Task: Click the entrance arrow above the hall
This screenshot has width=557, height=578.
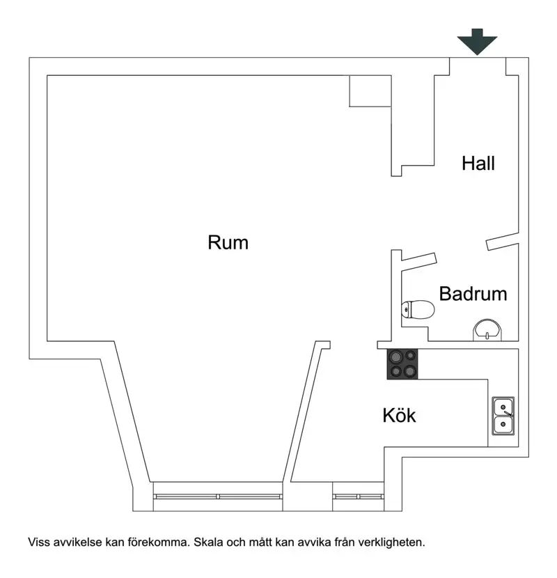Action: pyautogui.click(x=477, y=41)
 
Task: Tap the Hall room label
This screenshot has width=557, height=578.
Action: pyautogui.click(x=478, y=163)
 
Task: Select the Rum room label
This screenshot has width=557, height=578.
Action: pyautogui.click(x=228, y=242)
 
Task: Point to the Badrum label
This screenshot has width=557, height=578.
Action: pyautogui.click(x=473, y=294)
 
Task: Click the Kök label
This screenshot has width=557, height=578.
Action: pyautogui.click(x=399, y=416)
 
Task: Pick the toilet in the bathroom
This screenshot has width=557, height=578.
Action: pyautogui.click(x=418, y=310)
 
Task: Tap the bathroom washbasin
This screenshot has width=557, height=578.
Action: pyautogui.click(x=487, y=330)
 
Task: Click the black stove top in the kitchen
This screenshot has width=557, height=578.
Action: pyautogui.click(x=402, y=364)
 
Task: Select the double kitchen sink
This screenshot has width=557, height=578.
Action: pyautogui.click(x=503, y=416)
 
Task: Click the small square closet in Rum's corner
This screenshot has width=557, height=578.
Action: pyautogui.click(x=370, y=91)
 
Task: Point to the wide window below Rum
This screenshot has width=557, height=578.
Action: pyautogui.click(x=217, y=497)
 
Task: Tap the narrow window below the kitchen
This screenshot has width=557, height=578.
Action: pyautogui.click(x=358, y=497)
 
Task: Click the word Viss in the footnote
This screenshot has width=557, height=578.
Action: pyautogui.click(x=39, y=542)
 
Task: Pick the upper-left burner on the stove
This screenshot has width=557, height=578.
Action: pyautogui.click(x=396, y=357)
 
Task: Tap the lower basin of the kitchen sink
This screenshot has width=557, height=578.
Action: pyautogui.click(x=503, y=425)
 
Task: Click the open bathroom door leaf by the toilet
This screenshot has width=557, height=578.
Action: pyautogui.click(x=418, y=260)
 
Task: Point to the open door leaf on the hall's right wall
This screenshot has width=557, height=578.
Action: pyautogui.click(x=503, y=242)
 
